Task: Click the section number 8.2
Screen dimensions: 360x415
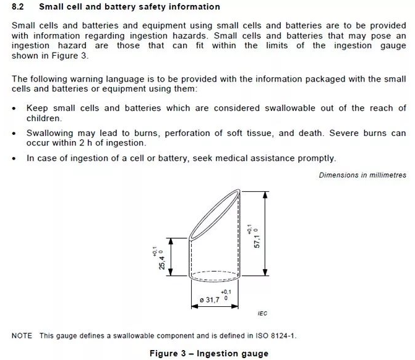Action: (17, 7)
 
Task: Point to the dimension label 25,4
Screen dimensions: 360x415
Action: (162, 260)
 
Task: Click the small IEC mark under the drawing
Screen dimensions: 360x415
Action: (262, 314)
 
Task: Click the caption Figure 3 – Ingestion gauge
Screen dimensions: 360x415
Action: (209, 353)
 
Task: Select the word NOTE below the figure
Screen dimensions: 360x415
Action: (22, 336)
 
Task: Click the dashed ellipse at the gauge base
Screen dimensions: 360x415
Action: (214, 274)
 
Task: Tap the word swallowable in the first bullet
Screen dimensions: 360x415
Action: (293, 108)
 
